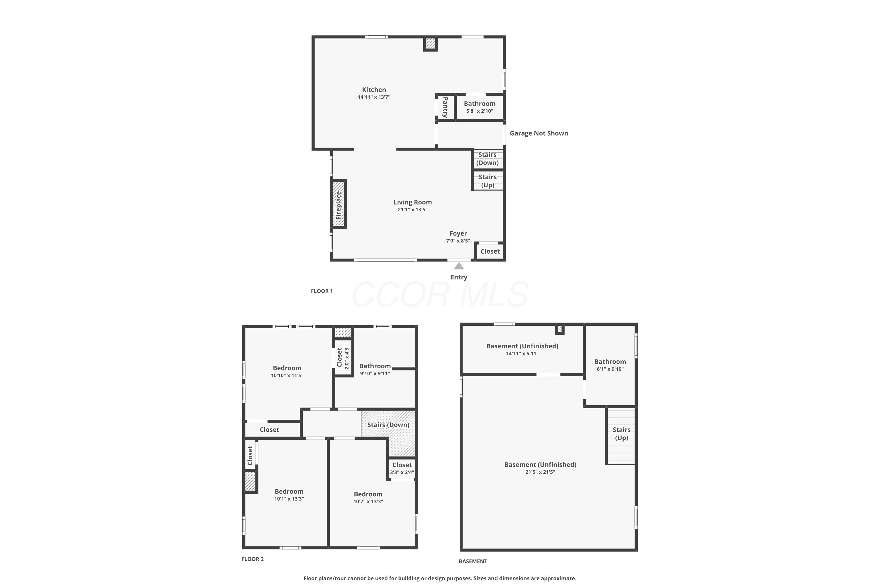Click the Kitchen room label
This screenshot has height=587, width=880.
point(374,90)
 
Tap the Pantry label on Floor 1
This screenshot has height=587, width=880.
point(445,107)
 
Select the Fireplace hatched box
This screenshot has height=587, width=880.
point(338,204)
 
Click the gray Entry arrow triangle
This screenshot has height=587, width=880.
point(459,266)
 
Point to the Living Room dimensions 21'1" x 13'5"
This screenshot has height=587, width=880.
point(412,210)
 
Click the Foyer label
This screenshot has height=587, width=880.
point(458,233)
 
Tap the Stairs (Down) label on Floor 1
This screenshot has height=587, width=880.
point(488,158)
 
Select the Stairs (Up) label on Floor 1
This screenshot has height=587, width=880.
point(488,181)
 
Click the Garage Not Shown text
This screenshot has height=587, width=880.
point(539,133)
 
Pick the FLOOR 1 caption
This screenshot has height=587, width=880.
point(322,291)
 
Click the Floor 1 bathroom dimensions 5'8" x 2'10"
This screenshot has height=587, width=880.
point(480,111)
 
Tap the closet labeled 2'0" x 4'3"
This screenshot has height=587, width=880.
point(343,357)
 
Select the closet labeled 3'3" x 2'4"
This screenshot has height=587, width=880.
point(402,468)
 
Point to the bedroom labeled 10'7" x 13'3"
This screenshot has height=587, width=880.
point(368,497)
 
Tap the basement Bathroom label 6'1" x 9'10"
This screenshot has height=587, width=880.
point(610,365)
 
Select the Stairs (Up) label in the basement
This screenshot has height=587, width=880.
point(622,433)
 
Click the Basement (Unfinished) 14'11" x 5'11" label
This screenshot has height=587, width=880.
point(522,349)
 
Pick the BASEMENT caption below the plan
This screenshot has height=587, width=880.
point(473,561)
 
